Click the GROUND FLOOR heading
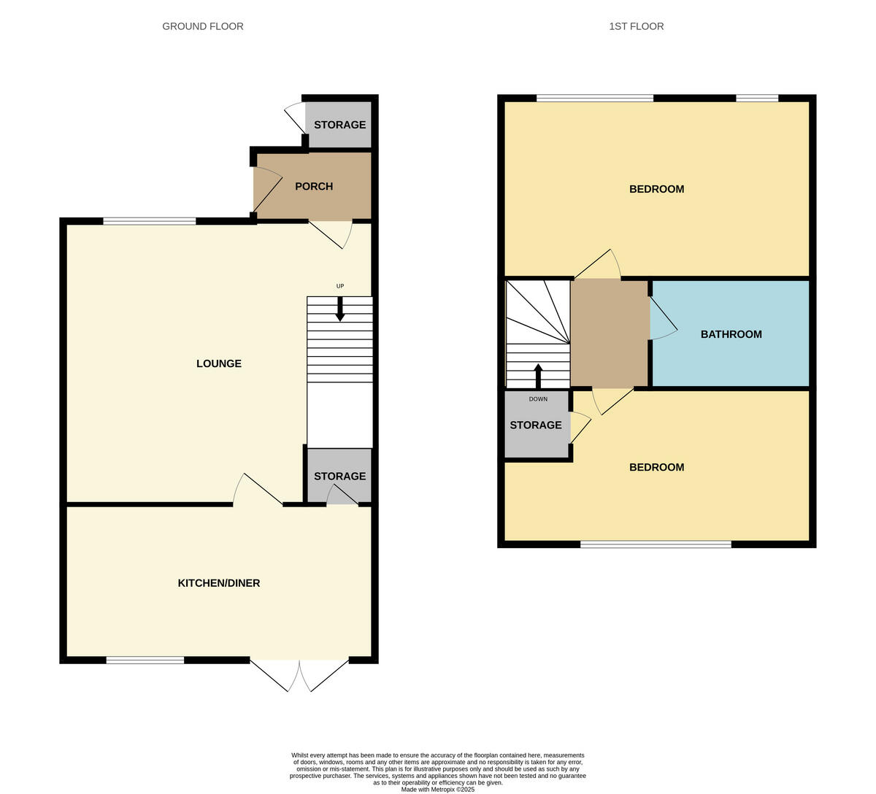tap(203, 26)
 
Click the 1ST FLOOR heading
tap(637, 26)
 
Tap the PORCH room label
tap(314, 187)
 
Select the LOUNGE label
tap(219, 363)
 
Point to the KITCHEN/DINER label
tap(219, 583)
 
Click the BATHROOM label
tap(731, 334)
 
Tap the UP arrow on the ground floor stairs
tap(340, 309)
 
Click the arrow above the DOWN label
tap(539, 376)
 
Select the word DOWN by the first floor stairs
tap(538, 399)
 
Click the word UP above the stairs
tap(340, 286)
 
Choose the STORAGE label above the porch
tap(339, 125)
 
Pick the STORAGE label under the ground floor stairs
tap(339, 477)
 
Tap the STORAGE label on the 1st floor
tap(536, 425)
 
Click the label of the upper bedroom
tap(657, 189)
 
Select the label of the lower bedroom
tap(657, 468)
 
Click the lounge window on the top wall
tap(150, 221)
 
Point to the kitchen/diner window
tap(145, 660)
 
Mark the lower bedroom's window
tap(656, 544)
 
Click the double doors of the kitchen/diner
tap(299, 674)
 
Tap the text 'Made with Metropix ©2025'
tap(438, 789)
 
